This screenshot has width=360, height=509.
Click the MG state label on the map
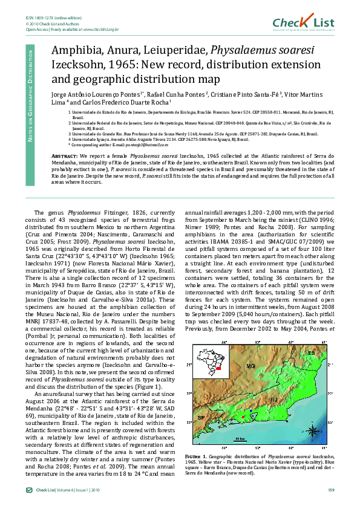pos(250,366)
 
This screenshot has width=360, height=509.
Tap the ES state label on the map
pos(311,352)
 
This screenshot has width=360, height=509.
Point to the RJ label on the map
pos(273,400)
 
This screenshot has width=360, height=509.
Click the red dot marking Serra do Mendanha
pos(243,417)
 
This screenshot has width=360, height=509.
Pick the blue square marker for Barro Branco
pos(250,411)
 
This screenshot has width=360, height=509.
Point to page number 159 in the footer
pos(331,490)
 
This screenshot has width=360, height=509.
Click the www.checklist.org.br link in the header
pos(100,28)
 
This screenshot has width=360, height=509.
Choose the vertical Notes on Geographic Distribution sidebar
pos(30,94)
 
